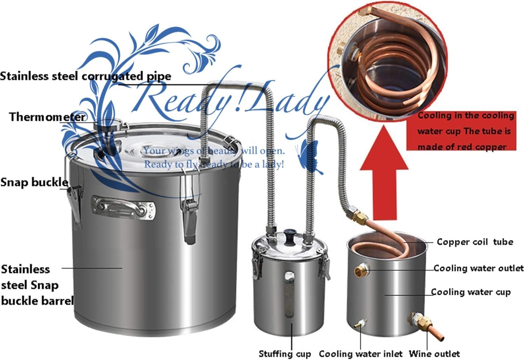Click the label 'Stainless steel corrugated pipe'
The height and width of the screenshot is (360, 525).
85,76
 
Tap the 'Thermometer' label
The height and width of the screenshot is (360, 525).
47,117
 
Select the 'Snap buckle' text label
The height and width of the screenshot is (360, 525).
34,182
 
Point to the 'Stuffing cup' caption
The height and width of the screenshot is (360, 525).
285,354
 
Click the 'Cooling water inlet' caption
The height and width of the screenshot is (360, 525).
360,353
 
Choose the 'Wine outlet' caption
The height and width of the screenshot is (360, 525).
434,353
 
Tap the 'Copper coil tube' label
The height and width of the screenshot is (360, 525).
475,242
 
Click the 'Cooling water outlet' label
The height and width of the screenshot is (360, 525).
478,268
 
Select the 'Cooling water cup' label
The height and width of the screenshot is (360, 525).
471,292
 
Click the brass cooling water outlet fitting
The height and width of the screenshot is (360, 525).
361,270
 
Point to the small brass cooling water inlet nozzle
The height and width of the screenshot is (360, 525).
360,324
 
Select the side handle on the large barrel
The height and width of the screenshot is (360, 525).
124,208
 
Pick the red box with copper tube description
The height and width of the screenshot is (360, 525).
461,131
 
